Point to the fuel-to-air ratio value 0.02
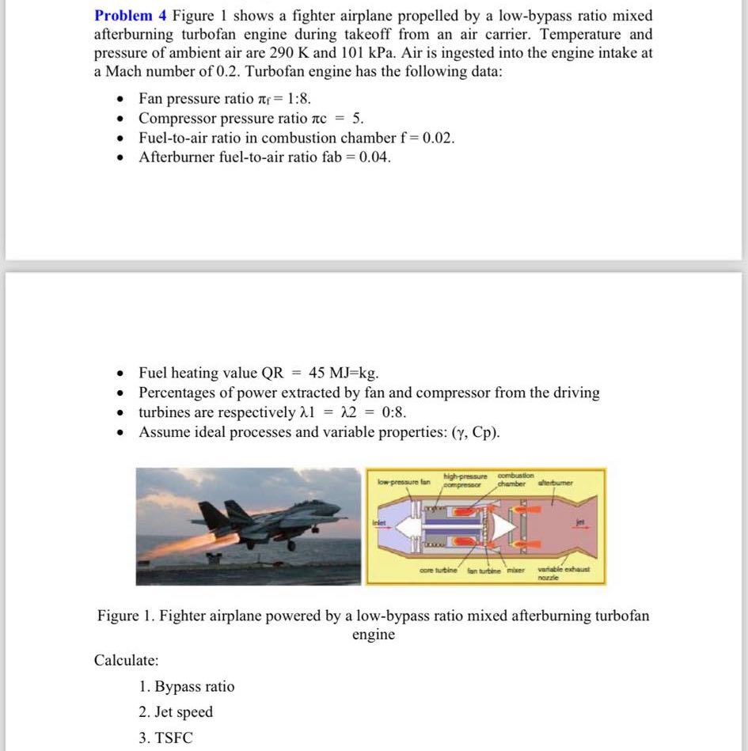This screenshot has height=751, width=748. point(439,138)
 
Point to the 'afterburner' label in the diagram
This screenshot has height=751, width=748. point(556,482)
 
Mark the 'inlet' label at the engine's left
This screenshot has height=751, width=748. point(378,521)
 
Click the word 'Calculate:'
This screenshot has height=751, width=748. point(126,660)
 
